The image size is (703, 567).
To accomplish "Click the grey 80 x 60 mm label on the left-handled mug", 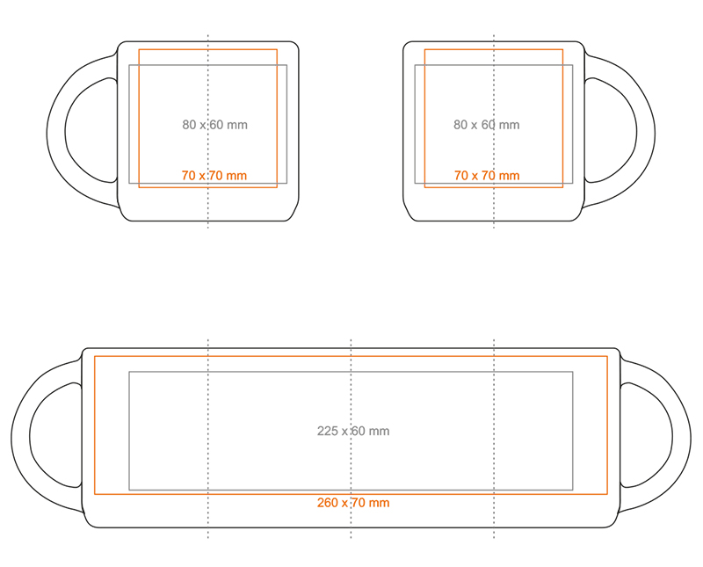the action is (214, 125).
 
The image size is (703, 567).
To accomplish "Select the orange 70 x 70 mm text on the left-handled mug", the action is (214, 176).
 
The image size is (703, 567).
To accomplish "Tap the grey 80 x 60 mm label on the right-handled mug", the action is (487, 125).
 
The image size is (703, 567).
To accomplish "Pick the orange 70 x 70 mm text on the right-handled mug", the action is (487, 176).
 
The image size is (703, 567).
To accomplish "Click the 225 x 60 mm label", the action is (353, 431).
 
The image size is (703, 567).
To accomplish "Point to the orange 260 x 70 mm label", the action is (353, 503).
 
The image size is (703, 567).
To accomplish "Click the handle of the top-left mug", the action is (56, 133).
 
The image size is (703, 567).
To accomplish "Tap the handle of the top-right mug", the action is (646, 133).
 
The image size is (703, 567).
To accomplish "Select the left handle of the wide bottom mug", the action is (20, 436).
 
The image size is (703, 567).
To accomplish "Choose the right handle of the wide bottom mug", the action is (682, 436).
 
